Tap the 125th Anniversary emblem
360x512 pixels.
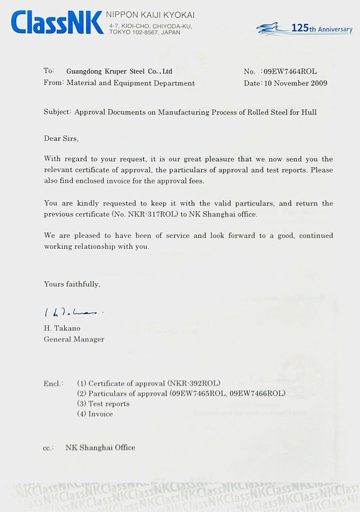coord(304,29)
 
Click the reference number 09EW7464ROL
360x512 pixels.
coord(290,71)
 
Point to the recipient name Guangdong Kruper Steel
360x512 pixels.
coord(119,71)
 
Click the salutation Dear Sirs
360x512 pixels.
coord(61,138)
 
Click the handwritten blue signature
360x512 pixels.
coord(73,312)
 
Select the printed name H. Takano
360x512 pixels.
coord(62,328)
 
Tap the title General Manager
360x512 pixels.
coord(74,339)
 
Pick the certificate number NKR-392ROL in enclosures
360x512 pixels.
coord(194,383)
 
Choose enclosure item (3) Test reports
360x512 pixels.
coord(103,403)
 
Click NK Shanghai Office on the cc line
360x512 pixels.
coord(100,447)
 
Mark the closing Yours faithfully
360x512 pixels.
coord(72,284)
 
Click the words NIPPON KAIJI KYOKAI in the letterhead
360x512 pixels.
coord(150,15)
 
